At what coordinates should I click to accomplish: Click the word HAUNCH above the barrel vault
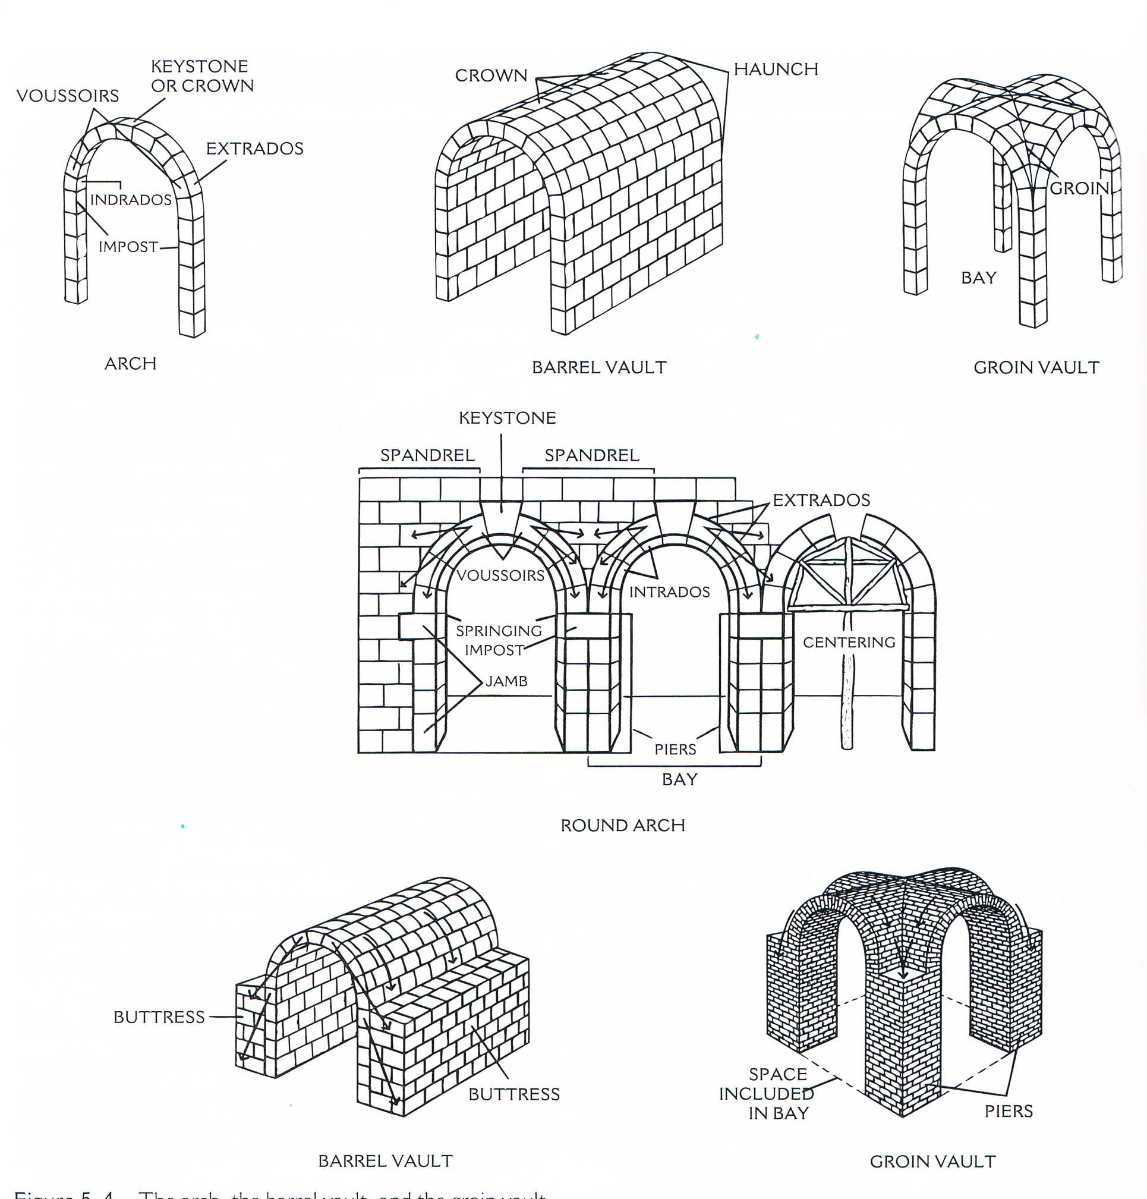[x=775, y=69]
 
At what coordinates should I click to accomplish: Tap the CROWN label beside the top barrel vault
[x=491, y=75]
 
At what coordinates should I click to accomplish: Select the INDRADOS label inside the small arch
[x=131, y=199]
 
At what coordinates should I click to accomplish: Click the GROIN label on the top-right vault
[x=1079, y=188]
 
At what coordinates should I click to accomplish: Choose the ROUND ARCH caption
[x=622, y=826]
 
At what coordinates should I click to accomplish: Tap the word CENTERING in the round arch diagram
[x=849, y=642]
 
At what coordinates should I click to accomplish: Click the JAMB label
[x=506, y=681]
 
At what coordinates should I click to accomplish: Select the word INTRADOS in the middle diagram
[x=670, y=592]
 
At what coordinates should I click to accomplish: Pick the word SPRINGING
[x=499, y=631]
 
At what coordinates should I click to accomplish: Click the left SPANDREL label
[x=427, y=455]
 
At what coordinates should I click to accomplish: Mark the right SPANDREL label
[x=592, y=455]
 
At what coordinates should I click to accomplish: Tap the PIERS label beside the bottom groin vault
[x=1008, y=1111]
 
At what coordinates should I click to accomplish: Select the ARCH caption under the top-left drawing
[x=130, y=363]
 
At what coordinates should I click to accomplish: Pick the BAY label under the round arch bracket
[x=679, y=779]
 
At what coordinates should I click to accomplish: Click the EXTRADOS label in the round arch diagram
[x=821, y=500]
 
